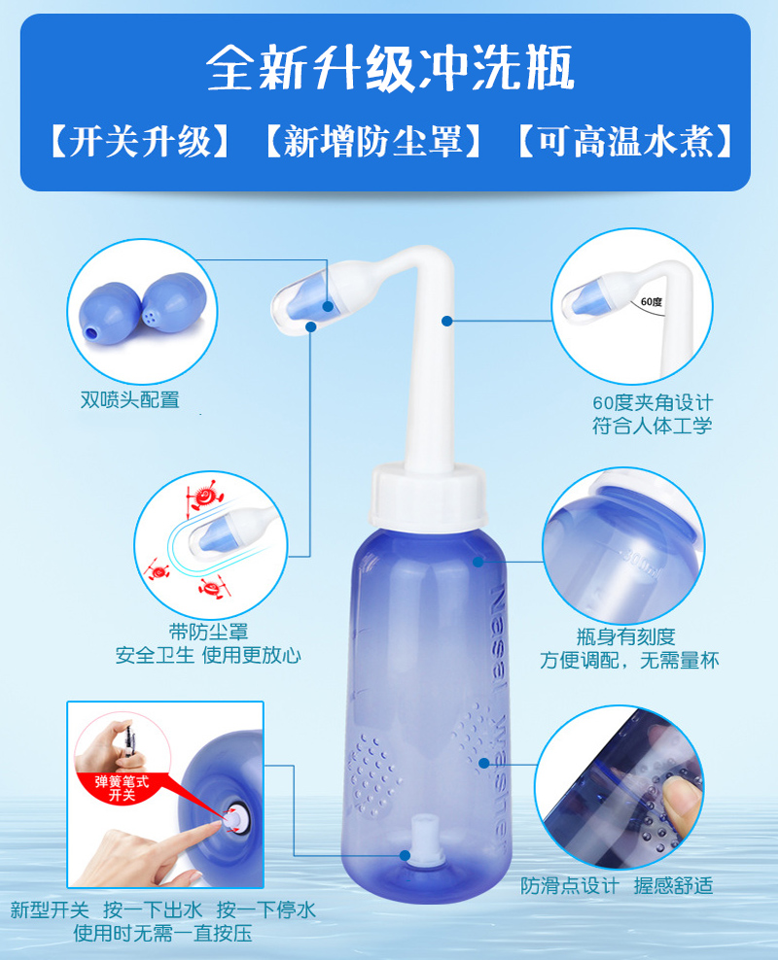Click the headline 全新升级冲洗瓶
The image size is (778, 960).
(x=389, y=68)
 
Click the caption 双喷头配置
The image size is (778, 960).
(x=130, y=399)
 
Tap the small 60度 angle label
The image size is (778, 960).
(x=651, y=302)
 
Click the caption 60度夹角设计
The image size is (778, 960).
(x=652, y=402)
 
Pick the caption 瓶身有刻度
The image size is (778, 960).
(x=624, y=637)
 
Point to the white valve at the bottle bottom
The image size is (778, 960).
(x=422, y=841)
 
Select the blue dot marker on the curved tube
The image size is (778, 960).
(x=446, y=319)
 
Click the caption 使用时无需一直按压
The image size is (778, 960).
(x=162, y=934)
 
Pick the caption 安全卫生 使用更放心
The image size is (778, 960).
(x=208, y=655)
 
